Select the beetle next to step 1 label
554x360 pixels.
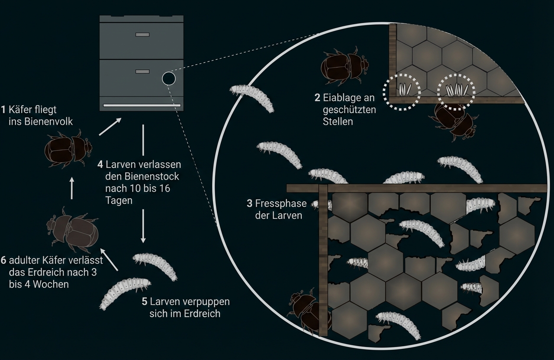68,150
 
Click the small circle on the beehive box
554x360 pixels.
168,78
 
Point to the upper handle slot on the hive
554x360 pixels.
142,35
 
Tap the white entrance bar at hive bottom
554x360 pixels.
142,105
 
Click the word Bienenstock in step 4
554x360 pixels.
142,177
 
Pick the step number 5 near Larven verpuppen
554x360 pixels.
145,301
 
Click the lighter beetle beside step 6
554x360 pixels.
72,231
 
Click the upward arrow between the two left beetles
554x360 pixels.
72,187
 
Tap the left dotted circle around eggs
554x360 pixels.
403,92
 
